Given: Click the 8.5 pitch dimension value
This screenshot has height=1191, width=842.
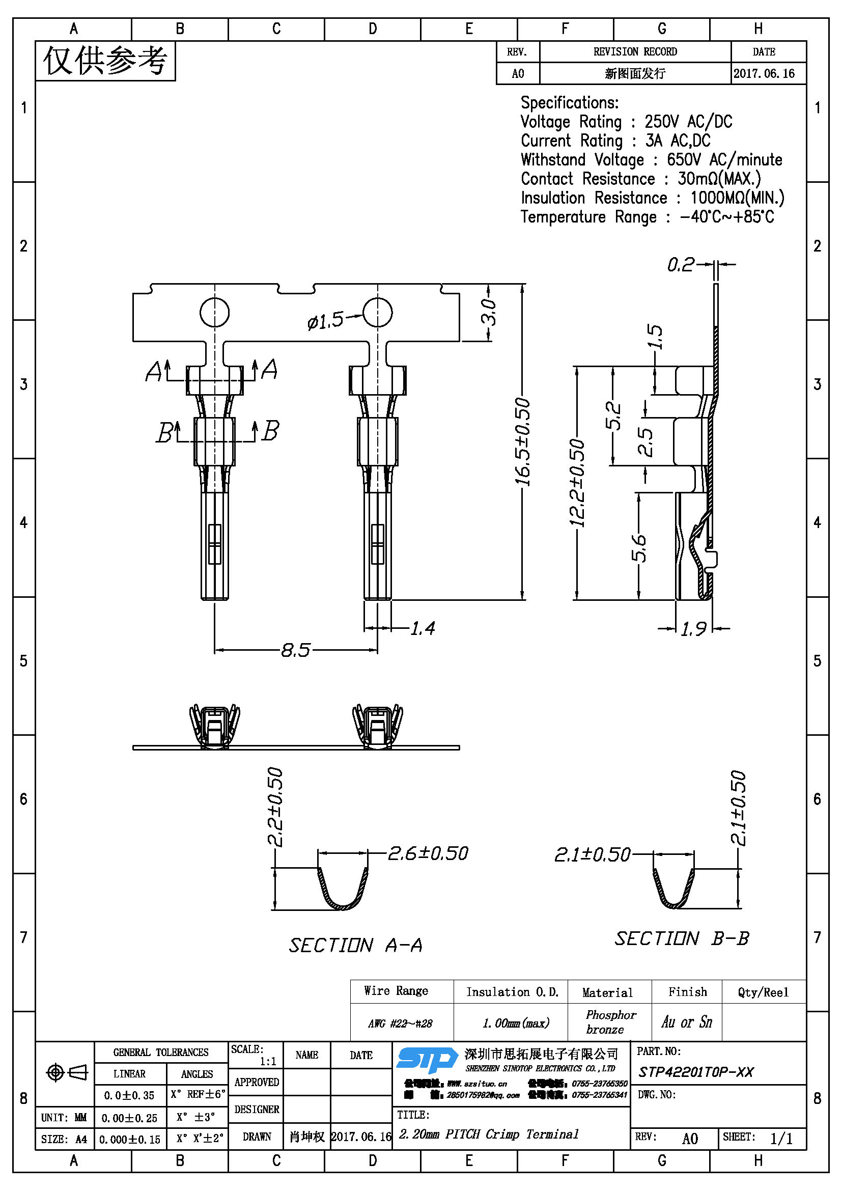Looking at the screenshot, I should click(x=296, y=650).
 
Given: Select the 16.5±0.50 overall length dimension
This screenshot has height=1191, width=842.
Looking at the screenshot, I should click(x=523, y=441).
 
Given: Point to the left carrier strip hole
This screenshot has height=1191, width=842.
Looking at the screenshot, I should click(x=215, y=312).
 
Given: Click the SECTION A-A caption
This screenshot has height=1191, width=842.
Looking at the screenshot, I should click(x=356, y=945).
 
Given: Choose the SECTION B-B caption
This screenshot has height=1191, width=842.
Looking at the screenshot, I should click(x=682, y=938).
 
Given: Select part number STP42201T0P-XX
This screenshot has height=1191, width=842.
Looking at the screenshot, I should click(x=696, y=1072).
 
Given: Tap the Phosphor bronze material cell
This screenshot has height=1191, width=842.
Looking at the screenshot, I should click(x=611, y=1022).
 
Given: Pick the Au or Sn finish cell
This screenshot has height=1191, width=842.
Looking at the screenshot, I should click(x=686, y=1022).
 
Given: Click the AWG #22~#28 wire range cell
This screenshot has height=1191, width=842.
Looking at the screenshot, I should click(x=400, y=1023).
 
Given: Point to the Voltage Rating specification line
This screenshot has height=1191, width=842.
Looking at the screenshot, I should click(x=626, y=122).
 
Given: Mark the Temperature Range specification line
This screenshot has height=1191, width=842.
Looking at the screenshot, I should click(x=647, y=217).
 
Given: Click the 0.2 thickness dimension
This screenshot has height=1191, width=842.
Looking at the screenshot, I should click(x=680, y=265).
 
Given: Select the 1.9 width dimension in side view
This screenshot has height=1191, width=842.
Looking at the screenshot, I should click(x=693, y=629).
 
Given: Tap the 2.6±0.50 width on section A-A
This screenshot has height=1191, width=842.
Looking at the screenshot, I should click(x=428, y=853).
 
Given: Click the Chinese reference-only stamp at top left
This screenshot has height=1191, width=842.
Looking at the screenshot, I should click(x=105, y=61).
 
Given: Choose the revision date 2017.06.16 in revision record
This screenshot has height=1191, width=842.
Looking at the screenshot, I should click(x=764, y=74).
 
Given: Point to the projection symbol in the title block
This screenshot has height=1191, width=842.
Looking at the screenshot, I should click(x=66, y=1072).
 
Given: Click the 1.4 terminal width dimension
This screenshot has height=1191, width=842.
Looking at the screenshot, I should click(x=423, y=629).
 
